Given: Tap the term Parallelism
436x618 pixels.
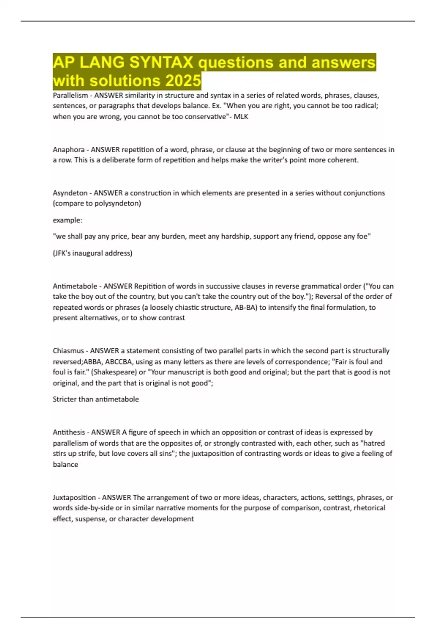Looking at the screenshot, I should click(x=70, y=96).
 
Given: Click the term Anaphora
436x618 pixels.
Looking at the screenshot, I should click(x=69, y=150).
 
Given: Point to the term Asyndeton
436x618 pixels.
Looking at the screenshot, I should click(x=70, y=193).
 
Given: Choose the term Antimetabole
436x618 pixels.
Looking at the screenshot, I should click(x=75, y=286).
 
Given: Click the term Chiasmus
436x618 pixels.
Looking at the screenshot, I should click(x=68, y=351).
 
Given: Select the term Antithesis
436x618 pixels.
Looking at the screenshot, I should click(x=69, y=432).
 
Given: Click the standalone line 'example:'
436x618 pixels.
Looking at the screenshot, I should click(x=68, y=220).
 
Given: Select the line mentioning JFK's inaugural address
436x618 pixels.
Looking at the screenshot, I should click(x=93, y=253).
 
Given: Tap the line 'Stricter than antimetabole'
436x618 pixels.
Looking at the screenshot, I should click(x=96, y=399).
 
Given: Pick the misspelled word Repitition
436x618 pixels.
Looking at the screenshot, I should click(x=149, y=286).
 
